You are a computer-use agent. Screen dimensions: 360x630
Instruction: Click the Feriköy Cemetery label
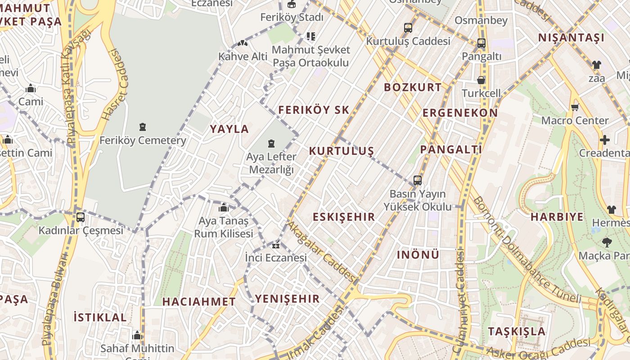[x=143, y=140]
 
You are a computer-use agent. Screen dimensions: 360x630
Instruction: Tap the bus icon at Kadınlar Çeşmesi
[x=81, y=217]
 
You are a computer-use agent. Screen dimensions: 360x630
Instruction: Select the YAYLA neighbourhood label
[x=229, y=129]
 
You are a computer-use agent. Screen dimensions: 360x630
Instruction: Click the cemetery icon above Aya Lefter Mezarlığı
[x=271, y=144]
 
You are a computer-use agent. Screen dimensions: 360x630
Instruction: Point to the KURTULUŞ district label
[x=342, y=151]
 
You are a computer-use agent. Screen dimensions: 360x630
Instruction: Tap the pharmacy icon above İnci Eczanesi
[x=276, y=246]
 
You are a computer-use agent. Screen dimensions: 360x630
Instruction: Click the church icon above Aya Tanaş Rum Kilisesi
[x=224, y=208]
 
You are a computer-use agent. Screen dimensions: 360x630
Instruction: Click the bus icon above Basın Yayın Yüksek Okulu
[x=418, y=180]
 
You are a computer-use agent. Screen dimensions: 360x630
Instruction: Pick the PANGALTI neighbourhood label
[x=451, y=149]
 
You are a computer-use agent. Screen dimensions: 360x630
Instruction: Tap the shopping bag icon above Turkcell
[x=481, y=81]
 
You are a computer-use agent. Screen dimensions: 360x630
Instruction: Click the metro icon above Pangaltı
[x=481, y=43]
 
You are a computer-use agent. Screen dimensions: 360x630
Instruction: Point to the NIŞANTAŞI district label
[x=571, y=38]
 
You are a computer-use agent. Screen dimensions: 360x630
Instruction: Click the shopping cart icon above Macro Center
[x=575, y=107]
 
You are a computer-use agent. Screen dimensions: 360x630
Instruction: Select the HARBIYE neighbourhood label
[x=557, y=217]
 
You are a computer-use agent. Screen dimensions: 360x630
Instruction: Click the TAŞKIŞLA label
[x=517, y=332]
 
